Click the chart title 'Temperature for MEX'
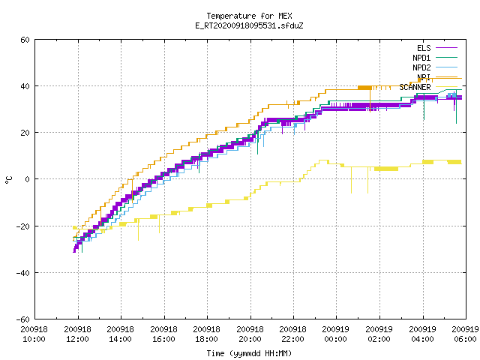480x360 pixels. coord(249,16)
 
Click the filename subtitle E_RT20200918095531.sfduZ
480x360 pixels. coord(249,25)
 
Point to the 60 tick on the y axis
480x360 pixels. coord(25,40)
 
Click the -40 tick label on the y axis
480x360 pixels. coord(23,273)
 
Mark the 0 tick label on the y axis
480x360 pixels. coord(28,179)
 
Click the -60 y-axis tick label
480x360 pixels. coord(23,319)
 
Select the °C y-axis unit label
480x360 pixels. coord(8,180)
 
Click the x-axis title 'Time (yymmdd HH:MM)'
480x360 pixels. coord(249,353)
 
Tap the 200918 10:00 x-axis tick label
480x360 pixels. coord(34,334)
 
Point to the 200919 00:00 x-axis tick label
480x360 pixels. coord(336,334)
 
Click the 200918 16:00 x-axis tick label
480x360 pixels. coord(163,334)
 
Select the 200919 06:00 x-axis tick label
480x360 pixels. coord(465,334)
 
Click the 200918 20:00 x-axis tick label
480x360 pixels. coord(250,334)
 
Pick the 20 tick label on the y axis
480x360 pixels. coord(25,133)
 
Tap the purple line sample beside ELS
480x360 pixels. coord(446,48)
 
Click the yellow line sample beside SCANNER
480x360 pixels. coord(446,87)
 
